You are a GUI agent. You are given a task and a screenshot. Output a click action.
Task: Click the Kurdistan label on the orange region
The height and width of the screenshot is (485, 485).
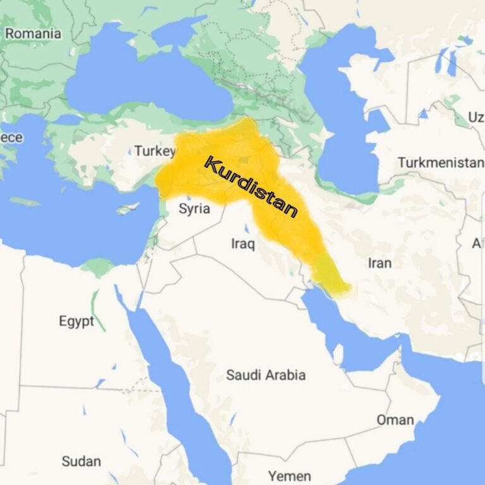click(x=251, y=187)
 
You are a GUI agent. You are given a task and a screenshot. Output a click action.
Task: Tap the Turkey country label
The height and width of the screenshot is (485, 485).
click(x=154, y=151)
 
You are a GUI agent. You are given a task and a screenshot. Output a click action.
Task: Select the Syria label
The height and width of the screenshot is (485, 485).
click(x=194, y=208)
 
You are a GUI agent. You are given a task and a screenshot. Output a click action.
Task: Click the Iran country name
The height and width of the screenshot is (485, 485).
click(x=380, y=263)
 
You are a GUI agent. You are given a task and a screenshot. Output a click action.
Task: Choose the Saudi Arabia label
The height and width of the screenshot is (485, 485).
click(x=266, y=375)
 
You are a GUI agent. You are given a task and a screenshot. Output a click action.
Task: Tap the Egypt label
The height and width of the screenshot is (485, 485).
click(x=76, y=321)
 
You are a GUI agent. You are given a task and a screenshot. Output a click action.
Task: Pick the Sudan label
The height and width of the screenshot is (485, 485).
click(x=81, y=461)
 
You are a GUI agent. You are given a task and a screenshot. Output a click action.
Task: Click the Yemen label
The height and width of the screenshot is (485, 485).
click(x=289, y=476)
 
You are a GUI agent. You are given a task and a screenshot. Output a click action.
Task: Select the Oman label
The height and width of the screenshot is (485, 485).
click(x=395, y=420)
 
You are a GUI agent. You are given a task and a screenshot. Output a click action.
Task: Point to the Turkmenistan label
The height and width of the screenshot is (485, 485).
click(x=441, y=163)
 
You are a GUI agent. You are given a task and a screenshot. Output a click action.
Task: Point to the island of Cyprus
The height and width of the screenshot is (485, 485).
click(x=128, y=208)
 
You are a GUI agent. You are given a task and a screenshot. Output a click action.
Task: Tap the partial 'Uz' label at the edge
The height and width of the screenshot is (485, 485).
click(x=476, y=117)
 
